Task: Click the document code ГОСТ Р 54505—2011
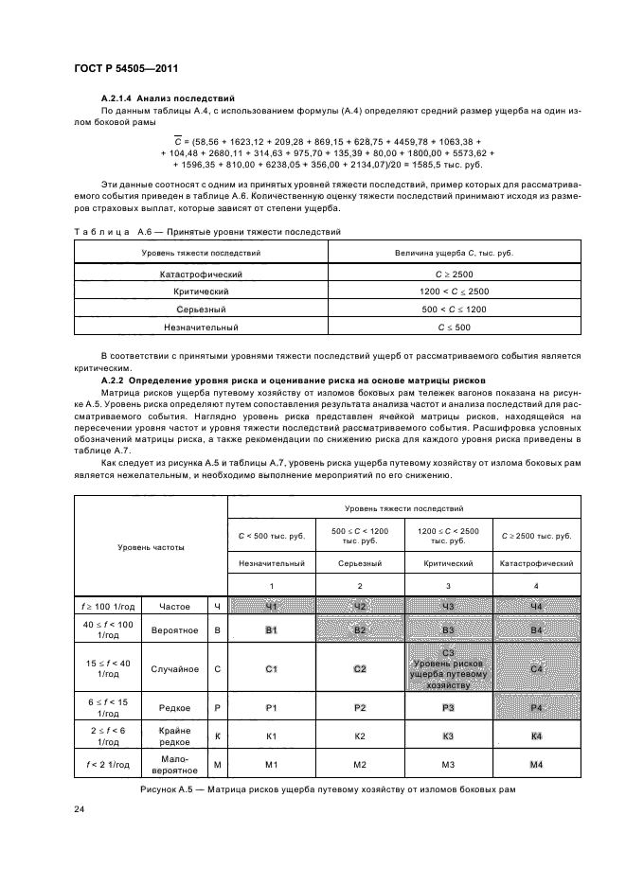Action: [125, 69]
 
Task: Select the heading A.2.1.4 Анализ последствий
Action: [168, 99]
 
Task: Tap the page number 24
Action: [80, 808]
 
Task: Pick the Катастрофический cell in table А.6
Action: [201, 274]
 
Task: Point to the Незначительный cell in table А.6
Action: [201, 328]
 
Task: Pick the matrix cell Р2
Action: [360, 708]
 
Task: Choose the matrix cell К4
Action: [536, 735]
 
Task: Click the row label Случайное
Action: [174, 669]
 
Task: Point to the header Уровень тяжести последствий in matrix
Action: [404, 508]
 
